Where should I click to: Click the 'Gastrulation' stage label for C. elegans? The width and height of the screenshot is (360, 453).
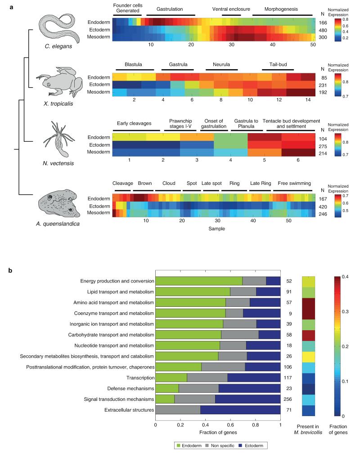click(x=170, y=9)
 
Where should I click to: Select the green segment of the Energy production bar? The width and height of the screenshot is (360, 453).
click(x=198, y=281)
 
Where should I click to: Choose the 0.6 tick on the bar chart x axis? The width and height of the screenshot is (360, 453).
click(x=230, y=424)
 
